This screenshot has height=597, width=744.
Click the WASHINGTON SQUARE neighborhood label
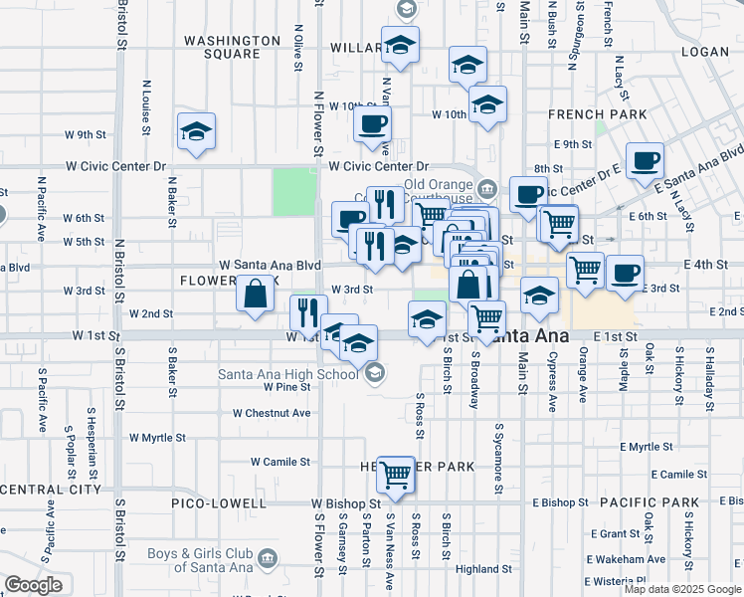point(233,47)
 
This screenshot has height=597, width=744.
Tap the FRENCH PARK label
point(590,114)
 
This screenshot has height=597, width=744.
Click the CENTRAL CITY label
point(51,490)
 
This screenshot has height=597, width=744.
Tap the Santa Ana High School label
point(288,374)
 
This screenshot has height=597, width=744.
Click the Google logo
point(33,585)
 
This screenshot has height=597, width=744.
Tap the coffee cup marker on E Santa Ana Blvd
point(644,159)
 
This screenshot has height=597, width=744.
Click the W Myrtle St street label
point(157,438)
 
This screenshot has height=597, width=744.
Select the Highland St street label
point(483,570)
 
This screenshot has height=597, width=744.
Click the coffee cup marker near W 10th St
point(373,124)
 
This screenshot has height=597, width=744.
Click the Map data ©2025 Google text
point(682,589)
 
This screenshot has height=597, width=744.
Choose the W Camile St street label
point(280,462)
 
